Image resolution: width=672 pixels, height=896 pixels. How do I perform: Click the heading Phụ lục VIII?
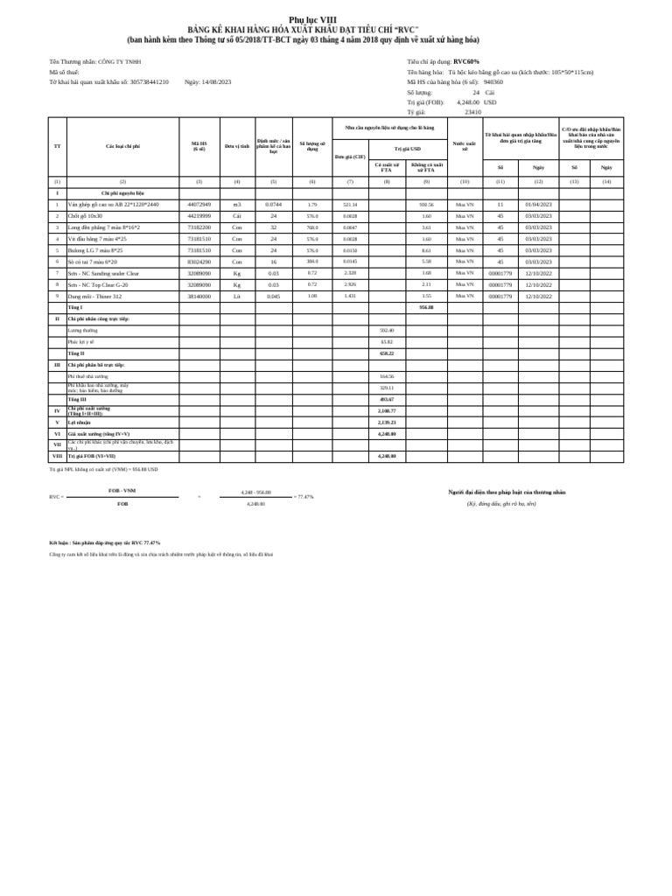tap(312, 20)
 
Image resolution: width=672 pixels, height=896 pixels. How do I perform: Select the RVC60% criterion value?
tap(466, 62)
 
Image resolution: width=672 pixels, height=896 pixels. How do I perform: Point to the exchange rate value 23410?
tap(472, 112)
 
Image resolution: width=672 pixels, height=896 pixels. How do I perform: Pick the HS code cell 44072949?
tap(199, 204)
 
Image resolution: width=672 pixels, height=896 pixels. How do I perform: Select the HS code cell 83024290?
tap(199, 261)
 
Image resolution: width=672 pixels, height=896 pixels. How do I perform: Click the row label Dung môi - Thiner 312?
tap(94, 296)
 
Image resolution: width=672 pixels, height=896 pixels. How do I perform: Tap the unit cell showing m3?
tap(236, 204)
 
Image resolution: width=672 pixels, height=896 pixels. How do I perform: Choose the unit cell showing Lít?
tap(236, 296)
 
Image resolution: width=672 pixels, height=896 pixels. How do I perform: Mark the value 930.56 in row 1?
tap(426, 204)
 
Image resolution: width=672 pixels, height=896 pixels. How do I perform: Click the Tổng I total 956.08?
tap(426, 307)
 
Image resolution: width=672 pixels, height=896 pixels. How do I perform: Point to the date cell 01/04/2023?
tap(538, 204)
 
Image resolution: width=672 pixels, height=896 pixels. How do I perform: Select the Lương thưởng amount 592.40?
tap(387, 331)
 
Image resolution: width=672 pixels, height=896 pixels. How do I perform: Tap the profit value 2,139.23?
tap(387, 422)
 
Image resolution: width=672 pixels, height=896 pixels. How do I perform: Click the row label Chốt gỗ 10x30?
tap(86, 215)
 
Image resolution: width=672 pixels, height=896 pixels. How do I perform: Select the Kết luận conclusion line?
tap(105, 542)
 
